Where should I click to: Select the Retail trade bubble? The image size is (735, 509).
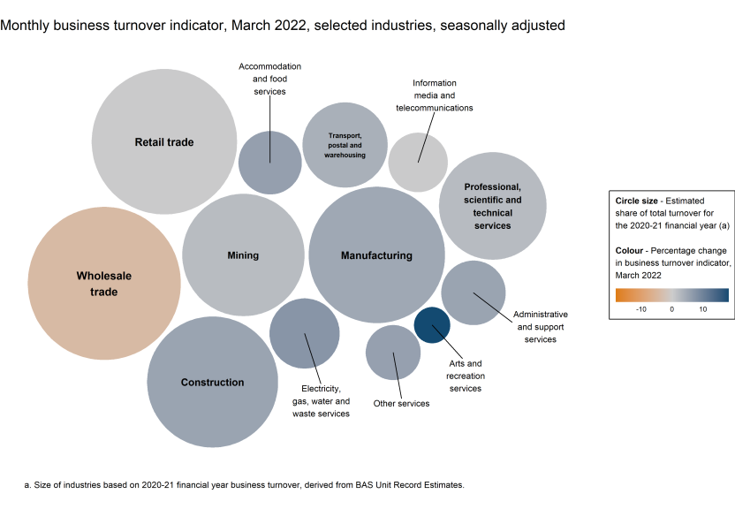click(164, 141)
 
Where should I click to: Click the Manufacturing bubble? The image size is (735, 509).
click(376, 255)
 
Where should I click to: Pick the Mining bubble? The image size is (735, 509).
click(243, 255)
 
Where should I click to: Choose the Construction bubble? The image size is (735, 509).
click(212, 382)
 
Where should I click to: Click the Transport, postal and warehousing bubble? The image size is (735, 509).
click(345, 144)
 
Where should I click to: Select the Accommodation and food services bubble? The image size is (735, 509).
click(270, 163)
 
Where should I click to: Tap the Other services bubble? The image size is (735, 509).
click(393, 352)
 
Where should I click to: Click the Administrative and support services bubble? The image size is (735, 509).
click(474, 292)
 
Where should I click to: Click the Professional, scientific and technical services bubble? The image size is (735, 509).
click(493, 206)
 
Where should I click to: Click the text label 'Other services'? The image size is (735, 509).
click(401, 404)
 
